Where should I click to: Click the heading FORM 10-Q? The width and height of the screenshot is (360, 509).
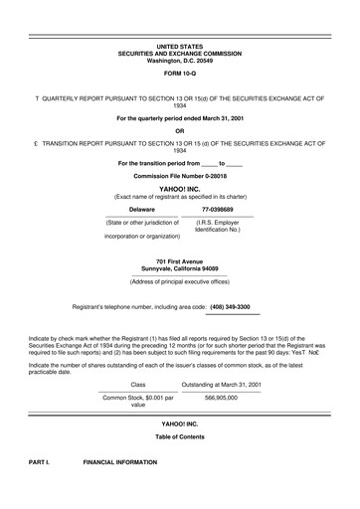(x=180, y=74)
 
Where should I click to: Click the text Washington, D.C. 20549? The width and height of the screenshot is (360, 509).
(x=180, y=60)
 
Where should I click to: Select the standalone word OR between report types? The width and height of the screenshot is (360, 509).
(x=180, y=131)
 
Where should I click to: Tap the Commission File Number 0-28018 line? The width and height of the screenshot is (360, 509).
(x=180, y=176)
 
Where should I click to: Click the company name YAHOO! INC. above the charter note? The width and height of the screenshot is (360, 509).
(x=180, y=188)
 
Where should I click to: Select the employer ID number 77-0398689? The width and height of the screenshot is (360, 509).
(x=218, y=210)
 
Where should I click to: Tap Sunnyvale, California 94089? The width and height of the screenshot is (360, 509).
(x=180, y=268)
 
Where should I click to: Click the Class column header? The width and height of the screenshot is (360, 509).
(x=138, y=383)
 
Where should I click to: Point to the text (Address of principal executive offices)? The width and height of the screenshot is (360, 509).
(x=180, y=281)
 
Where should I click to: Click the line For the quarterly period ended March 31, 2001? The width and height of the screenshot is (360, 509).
(x=180, y=118)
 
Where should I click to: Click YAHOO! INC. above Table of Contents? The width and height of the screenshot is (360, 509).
(x=180, y=424)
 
